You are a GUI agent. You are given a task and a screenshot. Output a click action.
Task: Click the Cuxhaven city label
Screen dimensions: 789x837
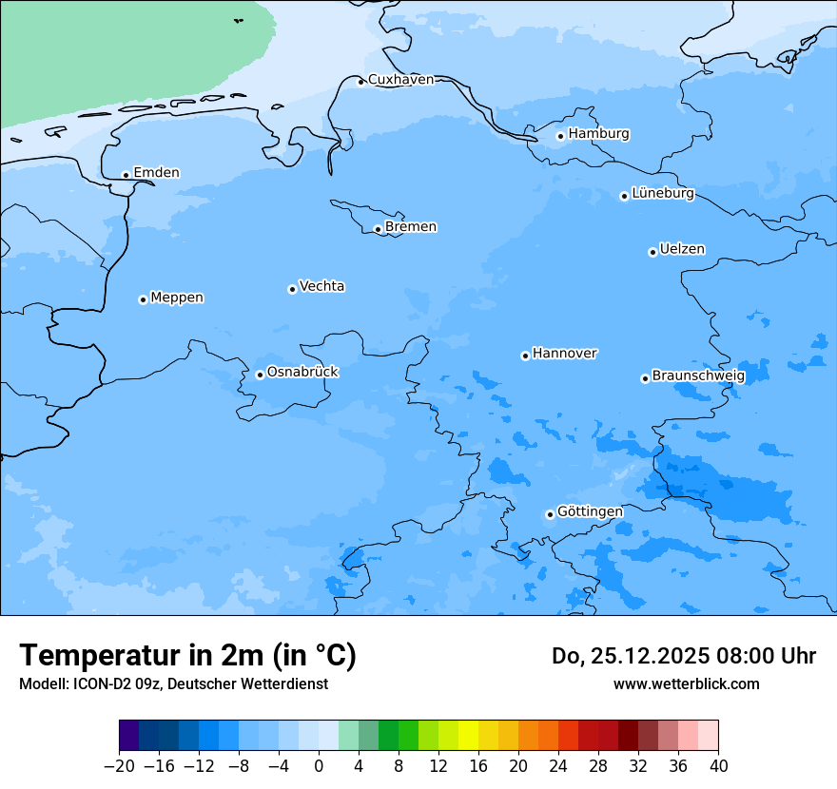(x=400, y=80)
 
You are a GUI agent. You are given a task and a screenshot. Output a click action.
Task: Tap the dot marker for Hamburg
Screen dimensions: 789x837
(x=561, y=136)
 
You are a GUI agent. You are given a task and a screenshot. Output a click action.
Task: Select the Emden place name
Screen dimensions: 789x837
(x=156, y=173)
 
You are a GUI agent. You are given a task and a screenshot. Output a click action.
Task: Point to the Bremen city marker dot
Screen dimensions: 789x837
(x=378, y=229)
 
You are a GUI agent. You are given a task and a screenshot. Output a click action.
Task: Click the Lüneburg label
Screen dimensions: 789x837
(x=663, y=194)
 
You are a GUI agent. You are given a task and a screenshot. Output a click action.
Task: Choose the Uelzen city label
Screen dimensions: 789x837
(x=682, y=250)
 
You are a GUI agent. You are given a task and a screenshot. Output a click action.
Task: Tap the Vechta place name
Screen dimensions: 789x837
(x=321, y=287)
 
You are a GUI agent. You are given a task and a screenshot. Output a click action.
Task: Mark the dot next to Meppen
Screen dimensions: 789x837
(x=143, y=299)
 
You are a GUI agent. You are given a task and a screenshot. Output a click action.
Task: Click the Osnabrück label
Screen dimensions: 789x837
(x=302, y=373)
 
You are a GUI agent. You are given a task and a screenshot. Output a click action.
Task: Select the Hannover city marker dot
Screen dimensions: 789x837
(x=525, y=356)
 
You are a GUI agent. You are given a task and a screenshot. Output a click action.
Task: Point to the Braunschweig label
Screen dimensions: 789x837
(x=698, y=376)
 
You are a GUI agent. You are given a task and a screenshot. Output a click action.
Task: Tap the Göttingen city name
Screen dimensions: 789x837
(x=590, y=512)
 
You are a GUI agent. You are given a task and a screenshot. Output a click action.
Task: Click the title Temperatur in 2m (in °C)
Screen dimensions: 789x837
(x=188, y=656)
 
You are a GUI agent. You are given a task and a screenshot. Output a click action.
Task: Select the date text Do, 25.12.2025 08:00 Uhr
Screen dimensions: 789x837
(x=684, y=656)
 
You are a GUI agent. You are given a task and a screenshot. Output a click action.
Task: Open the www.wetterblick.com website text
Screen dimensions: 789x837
(x=686, y=684)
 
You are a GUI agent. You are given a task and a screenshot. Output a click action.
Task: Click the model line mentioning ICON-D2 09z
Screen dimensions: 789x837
(x=173, y=684)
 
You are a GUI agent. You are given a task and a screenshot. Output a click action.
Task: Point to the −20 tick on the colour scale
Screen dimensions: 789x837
(x=120, y=766)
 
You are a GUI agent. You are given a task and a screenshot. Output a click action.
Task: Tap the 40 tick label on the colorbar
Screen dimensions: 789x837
(x=718, y=766)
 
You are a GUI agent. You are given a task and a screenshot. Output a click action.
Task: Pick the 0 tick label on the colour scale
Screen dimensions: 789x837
(x=319, y=766)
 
